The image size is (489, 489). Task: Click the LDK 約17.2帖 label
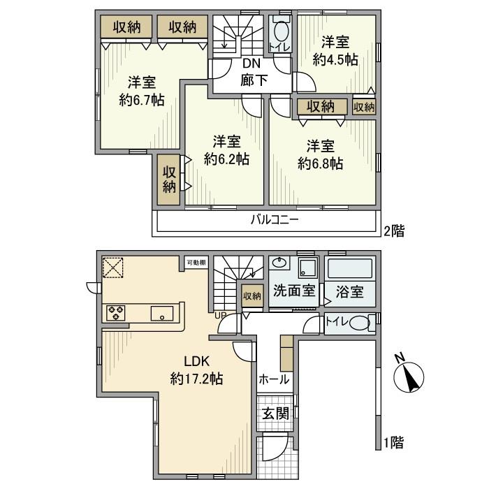[x=196, y=370]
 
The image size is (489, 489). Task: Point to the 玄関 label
[x=275, y=413]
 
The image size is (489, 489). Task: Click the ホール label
[x=274, y=379]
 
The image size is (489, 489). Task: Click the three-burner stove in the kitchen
[x=115, y=313]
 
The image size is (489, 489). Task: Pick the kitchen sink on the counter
[x=162, y=314]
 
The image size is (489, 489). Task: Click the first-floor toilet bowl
[x=358, y=323]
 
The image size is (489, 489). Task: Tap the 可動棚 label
[x=196, y=263]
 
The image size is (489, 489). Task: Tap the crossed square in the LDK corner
[x=112, y=266]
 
